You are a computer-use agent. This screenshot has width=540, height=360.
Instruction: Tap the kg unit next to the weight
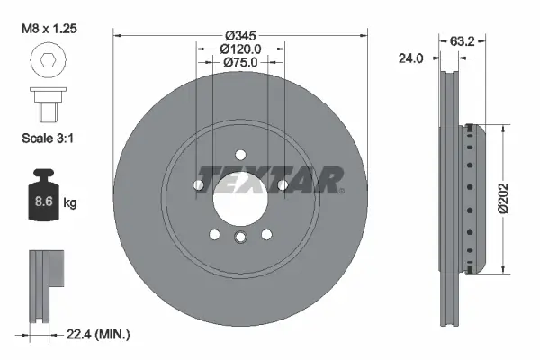(71, 203)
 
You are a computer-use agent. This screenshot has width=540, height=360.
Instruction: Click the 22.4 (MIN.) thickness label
(99, 334)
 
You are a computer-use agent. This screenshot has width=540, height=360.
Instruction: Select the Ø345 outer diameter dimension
(240, 34)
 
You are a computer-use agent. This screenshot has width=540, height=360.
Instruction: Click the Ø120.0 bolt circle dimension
(240, 49)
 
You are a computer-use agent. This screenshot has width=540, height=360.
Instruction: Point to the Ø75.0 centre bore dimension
(240, 64)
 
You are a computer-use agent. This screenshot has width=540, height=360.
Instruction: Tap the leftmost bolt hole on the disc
(198, 185)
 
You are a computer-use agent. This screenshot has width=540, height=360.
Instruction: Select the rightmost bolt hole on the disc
(283, 185)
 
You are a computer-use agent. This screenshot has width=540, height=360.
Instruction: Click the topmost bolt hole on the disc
(240, 154)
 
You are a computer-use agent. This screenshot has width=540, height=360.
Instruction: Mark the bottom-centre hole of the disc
(240, 238)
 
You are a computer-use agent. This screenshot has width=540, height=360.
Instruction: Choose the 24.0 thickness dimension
(410, 58)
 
